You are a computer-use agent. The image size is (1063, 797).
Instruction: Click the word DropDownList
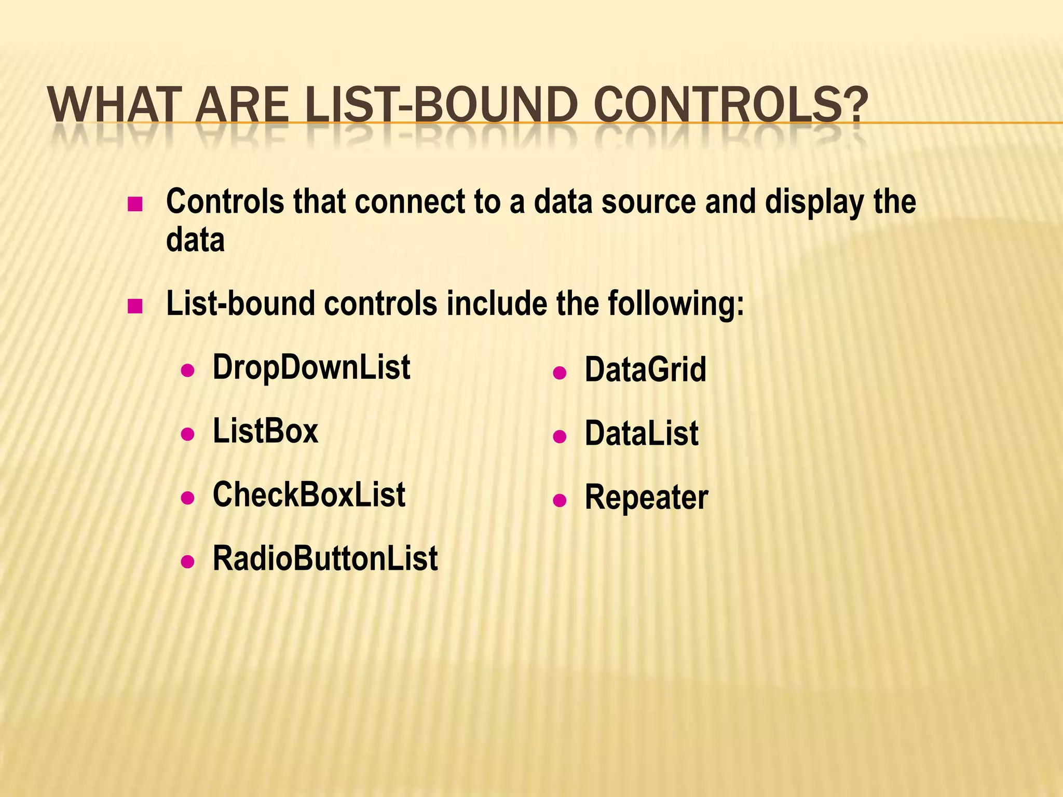pyautogui.click(x=311, y=367)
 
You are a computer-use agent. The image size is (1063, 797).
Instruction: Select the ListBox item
pyautogui.click(x=265, y=431)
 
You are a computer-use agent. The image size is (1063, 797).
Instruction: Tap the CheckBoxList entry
pyautogui.click(x=309, y=495)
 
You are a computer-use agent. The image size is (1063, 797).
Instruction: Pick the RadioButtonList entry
pyautogui.click(x=325, y=559)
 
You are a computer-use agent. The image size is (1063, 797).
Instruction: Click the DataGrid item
pyautogui.click(x=645, y=370)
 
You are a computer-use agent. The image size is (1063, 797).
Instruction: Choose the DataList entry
pyautogui.click(x=642, y=434)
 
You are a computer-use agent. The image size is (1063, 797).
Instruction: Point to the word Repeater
pyautogui.click(x=646, y=498)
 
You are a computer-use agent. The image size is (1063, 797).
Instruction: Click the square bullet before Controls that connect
pyautogui.click(x=134, y=204)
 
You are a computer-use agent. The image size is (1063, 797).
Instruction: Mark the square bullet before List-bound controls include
pyautogui.click(x=134, y=307)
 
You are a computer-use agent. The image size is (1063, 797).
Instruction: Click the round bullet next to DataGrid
pyautogui.click(x=559, y=373)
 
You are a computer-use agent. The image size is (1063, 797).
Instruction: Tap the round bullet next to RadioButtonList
pyautogui.click(x=187, y=561)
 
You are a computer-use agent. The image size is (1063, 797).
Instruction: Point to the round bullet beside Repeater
pyautogui.click(x=559, y=500)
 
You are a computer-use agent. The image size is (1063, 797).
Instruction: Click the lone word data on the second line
pyautogui.click(x=195, y=240)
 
